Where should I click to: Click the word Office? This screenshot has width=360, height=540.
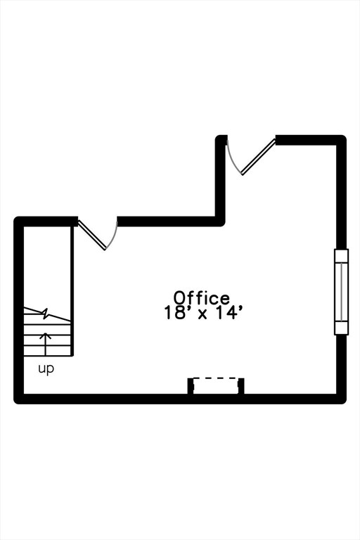pyautogui.click(x=202, y=298)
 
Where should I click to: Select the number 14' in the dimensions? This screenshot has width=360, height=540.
pyautogui.click(x=226, y=314)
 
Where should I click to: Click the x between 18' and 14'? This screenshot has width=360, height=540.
pyautogui.click(x=202, y=315)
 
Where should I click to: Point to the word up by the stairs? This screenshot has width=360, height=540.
pyautogui.click(x=46, y=369)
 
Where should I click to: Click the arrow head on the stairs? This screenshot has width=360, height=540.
pyautogui.click(x=45, y=336)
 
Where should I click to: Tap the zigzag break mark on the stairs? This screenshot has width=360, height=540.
pyautogui.click(x=46, y=314)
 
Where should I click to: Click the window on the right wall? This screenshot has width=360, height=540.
pyautogui.click(x=341, y=292)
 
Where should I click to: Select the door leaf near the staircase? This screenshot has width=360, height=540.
pyautogui.click(x=92, y=235)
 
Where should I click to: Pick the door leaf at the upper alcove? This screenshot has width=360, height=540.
pyautogui.click(x=258, y=157)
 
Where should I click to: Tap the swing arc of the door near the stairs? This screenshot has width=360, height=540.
pyautogui.click(x=113, y=237)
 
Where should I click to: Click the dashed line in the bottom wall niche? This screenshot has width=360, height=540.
pyautogui.click(x=216, y=378)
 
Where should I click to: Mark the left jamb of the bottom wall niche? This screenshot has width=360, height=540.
pyautogui.click(x=190, y=386)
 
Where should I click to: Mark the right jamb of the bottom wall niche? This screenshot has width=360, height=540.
pyautogui.click(x=241, y=386)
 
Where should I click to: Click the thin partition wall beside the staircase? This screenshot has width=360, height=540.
pyautogui.click(x=72, y=290)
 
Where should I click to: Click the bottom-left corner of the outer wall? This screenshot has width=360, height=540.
pyautogui.click(x=17, y=401)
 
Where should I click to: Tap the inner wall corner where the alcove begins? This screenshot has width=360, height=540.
pyautogui.click(x=221, y=221)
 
